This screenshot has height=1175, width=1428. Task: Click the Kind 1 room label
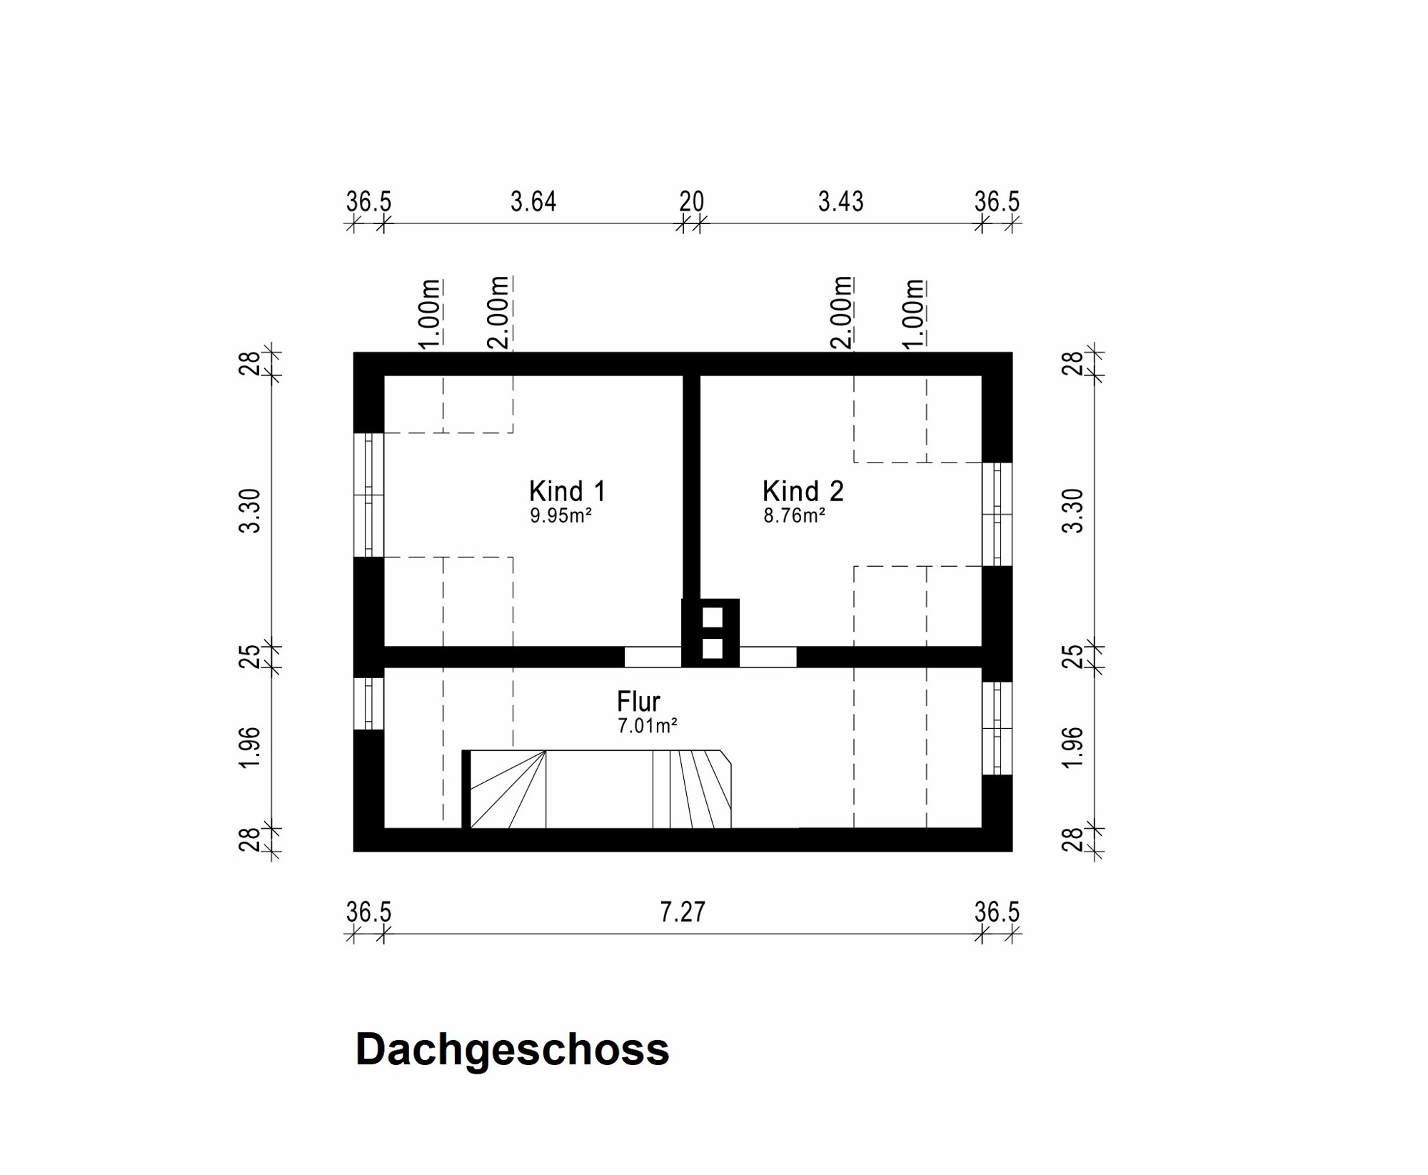[x=567, y=491]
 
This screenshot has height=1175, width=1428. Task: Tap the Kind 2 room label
[x=803, y=491]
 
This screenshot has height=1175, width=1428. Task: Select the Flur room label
[x=638, y=701]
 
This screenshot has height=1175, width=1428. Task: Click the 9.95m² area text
[x=560, y=515]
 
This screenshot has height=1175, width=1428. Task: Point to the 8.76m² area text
[x=794, y=515]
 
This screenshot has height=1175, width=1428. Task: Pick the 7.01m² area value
[x=647, y=726]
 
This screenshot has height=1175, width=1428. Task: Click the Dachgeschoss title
[x=512, y=1049]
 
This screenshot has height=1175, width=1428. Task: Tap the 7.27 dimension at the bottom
[x=682, y=912]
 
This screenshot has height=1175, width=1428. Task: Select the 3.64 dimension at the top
[x=533, y=202]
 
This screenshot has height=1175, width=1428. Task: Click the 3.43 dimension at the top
[x=840, y=202]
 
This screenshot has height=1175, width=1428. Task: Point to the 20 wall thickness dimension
[x=691, y=202]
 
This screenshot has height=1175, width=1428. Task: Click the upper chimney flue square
[x=712, y=617]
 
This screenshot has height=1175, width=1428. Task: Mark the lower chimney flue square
[x=712, y=649]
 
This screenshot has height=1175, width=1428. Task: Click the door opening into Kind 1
[x=653, y=657]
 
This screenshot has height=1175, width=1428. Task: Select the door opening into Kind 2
[x=768, y=657]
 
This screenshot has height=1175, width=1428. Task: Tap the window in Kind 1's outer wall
[x=368, y=495]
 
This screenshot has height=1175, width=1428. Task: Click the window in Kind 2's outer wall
[x=997, y=514]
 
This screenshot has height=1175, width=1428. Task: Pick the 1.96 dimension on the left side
[x=250, y=747]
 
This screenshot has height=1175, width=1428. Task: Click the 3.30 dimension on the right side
[x=1073, y=510]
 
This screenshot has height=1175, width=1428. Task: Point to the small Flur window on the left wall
[x=368, y=703]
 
